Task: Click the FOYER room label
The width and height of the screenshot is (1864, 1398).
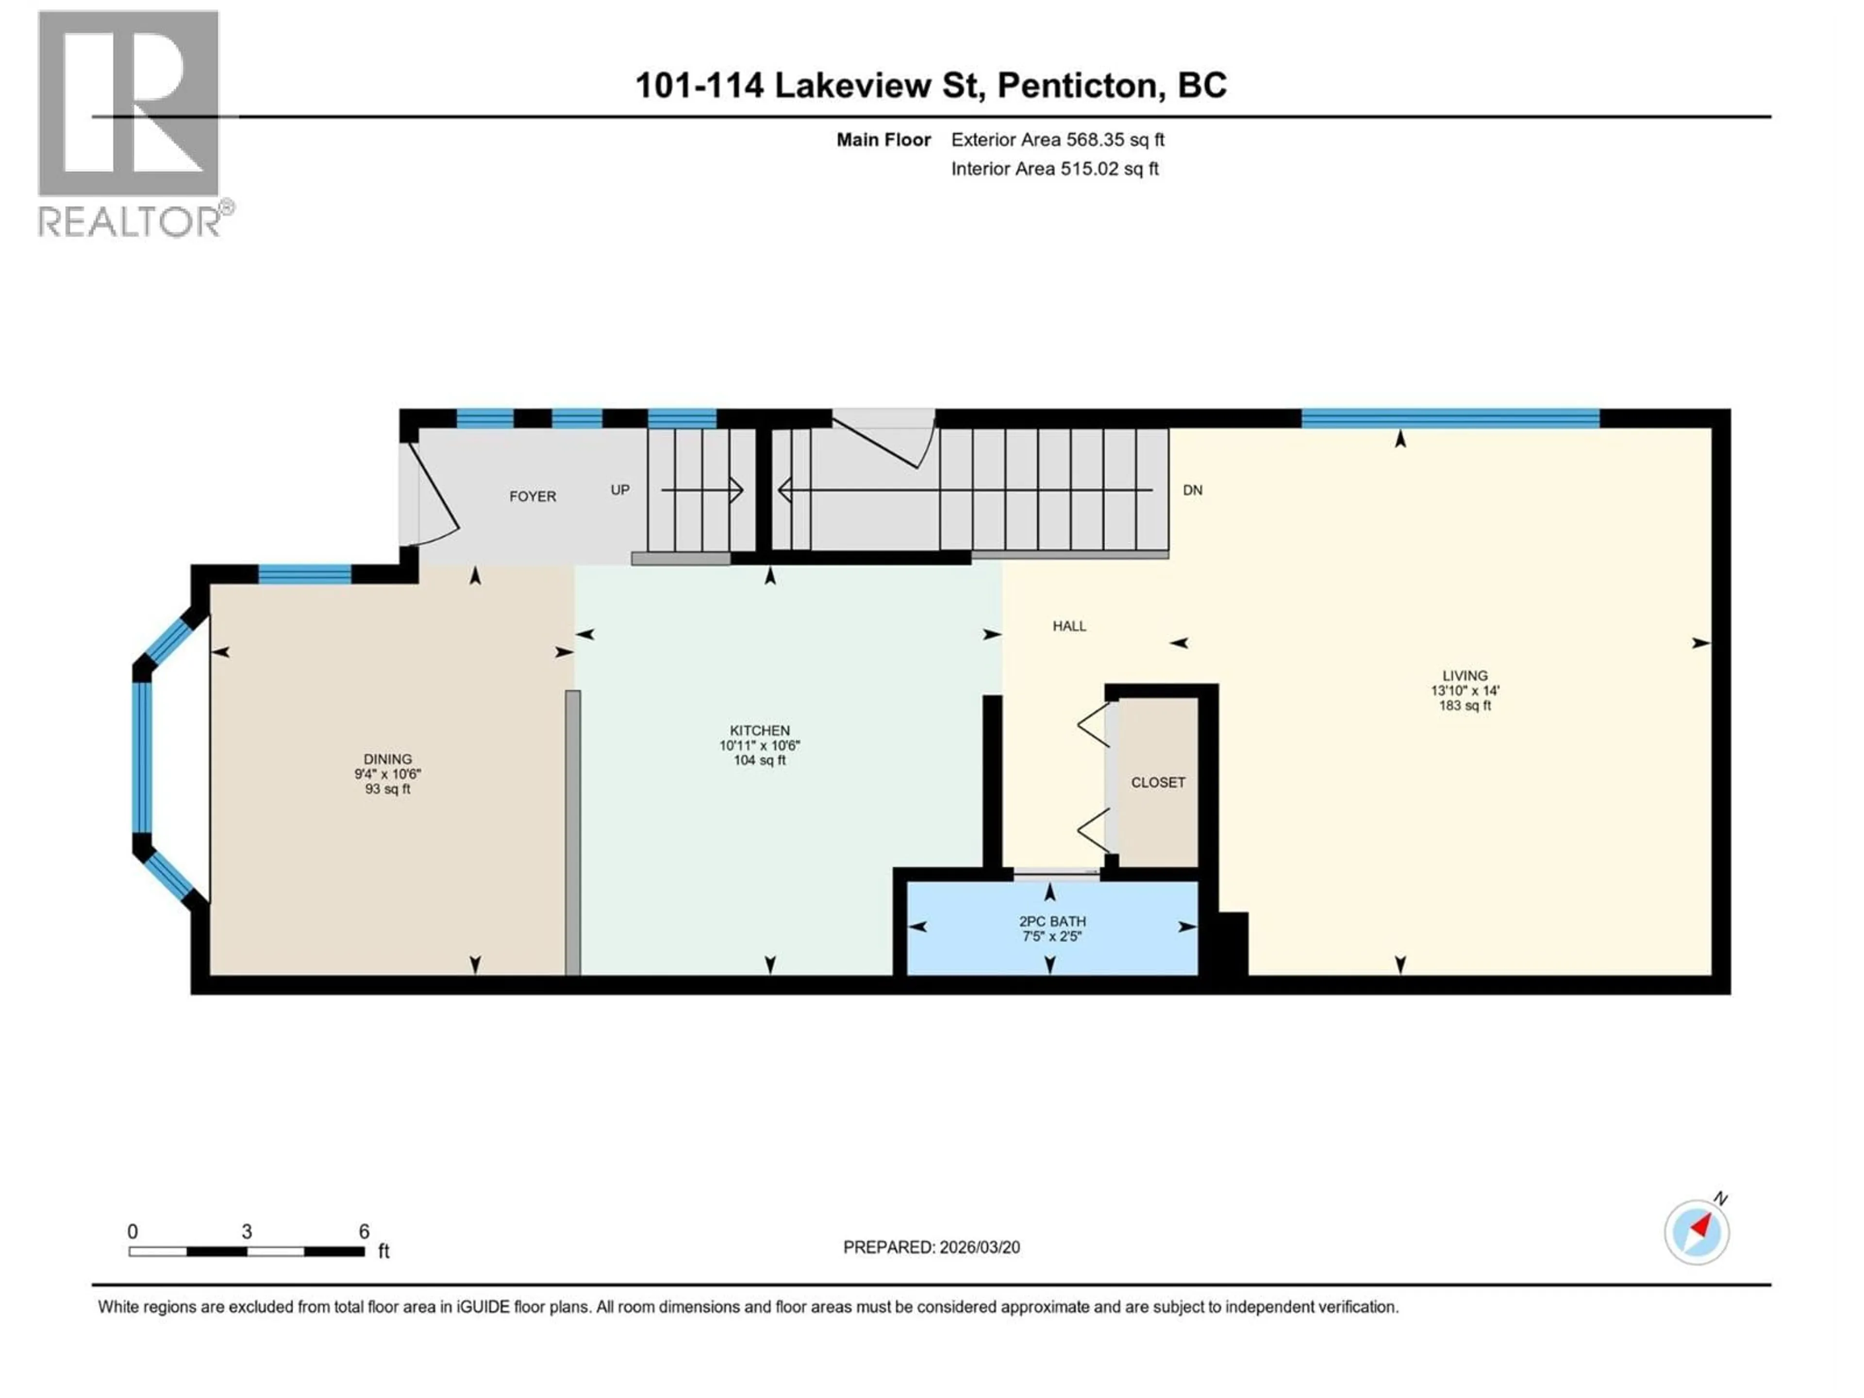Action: pos(533,496)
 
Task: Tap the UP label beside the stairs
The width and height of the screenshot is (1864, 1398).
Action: pos(620,490)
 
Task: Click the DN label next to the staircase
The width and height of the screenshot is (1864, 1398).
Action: pos(1192,490)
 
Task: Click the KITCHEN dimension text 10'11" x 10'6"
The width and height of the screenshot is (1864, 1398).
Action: pos(759,746)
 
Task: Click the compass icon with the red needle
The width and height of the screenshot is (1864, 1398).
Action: pos(1697,1232)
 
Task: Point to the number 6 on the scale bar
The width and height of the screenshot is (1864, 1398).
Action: pos(364,1231)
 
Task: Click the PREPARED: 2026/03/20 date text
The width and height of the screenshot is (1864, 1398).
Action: pos(931,1247)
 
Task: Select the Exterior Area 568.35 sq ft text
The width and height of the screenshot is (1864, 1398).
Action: pos(1058,140)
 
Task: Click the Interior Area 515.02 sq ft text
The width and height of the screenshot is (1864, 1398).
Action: pos(1055,168)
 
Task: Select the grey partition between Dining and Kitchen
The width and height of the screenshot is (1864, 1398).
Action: pos(573,832)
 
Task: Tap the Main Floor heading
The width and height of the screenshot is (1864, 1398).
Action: pos(883,140)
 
